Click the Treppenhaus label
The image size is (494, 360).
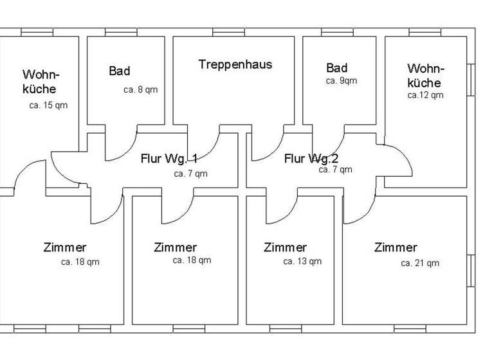coord(235,64)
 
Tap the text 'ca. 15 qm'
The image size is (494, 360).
coord(49,105)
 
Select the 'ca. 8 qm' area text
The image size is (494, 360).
coord(140,89)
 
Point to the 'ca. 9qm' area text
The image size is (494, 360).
coord(341,81)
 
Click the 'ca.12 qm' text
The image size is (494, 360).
coord(425,95)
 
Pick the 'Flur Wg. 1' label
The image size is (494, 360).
coord(169,159)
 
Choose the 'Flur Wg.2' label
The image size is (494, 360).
coord(311,158)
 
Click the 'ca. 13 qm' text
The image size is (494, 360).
coord(302,261)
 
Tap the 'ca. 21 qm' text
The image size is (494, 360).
coord(420,263)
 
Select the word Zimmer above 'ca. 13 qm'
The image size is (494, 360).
coord(285,248)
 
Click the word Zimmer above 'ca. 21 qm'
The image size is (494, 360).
coord(396,248)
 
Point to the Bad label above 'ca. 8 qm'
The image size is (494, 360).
coord(119,71)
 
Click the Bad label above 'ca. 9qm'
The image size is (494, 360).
coord(336,68)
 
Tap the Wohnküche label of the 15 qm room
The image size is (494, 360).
coord(39,82)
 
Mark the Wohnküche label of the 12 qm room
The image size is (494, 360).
coord(425,75)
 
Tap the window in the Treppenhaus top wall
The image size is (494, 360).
coord(228,32)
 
